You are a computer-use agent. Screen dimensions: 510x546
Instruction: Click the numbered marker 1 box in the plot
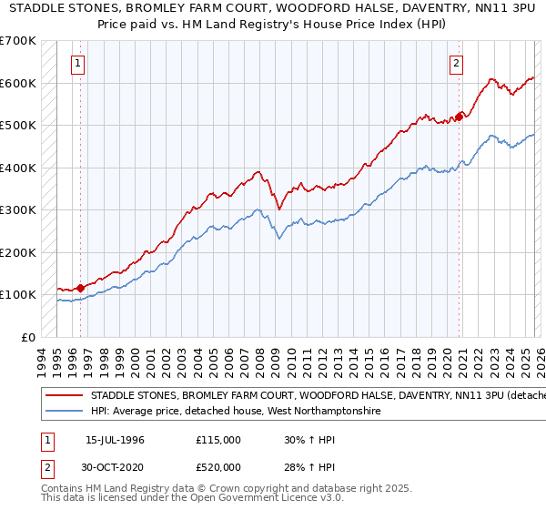click(78, 64)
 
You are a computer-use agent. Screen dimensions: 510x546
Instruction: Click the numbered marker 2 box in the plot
click(456, 64)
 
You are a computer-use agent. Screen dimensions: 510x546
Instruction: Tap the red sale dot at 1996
click(81, 288)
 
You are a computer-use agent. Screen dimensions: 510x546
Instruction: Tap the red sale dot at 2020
click(460, 116)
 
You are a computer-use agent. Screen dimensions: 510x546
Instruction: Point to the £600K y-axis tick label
click(18, 83)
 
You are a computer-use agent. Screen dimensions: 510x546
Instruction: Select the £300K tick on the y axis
click(18, 209)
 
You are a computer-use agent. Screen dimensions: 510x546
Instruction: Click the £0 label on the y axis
click(28, 337)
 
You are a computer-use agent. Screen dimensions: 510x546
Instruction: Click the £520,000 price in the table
click(218, 466)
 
